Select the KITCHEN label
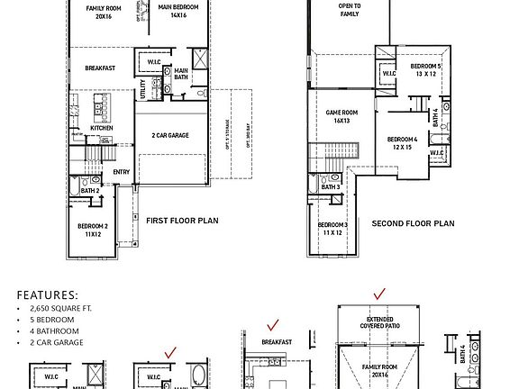102,128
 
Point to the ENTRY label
121,171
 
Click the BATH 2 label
89,191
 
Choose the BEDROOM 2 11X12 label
93,230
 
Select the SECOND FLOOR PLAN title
413,223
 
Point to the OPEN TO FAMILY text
351,10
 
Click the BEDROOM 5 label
426,70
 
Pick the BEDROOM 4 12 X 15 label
402,143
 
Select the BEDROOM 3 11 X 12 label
332,229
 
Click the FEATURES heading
47,294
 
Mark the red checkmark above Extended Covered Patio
379,294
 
